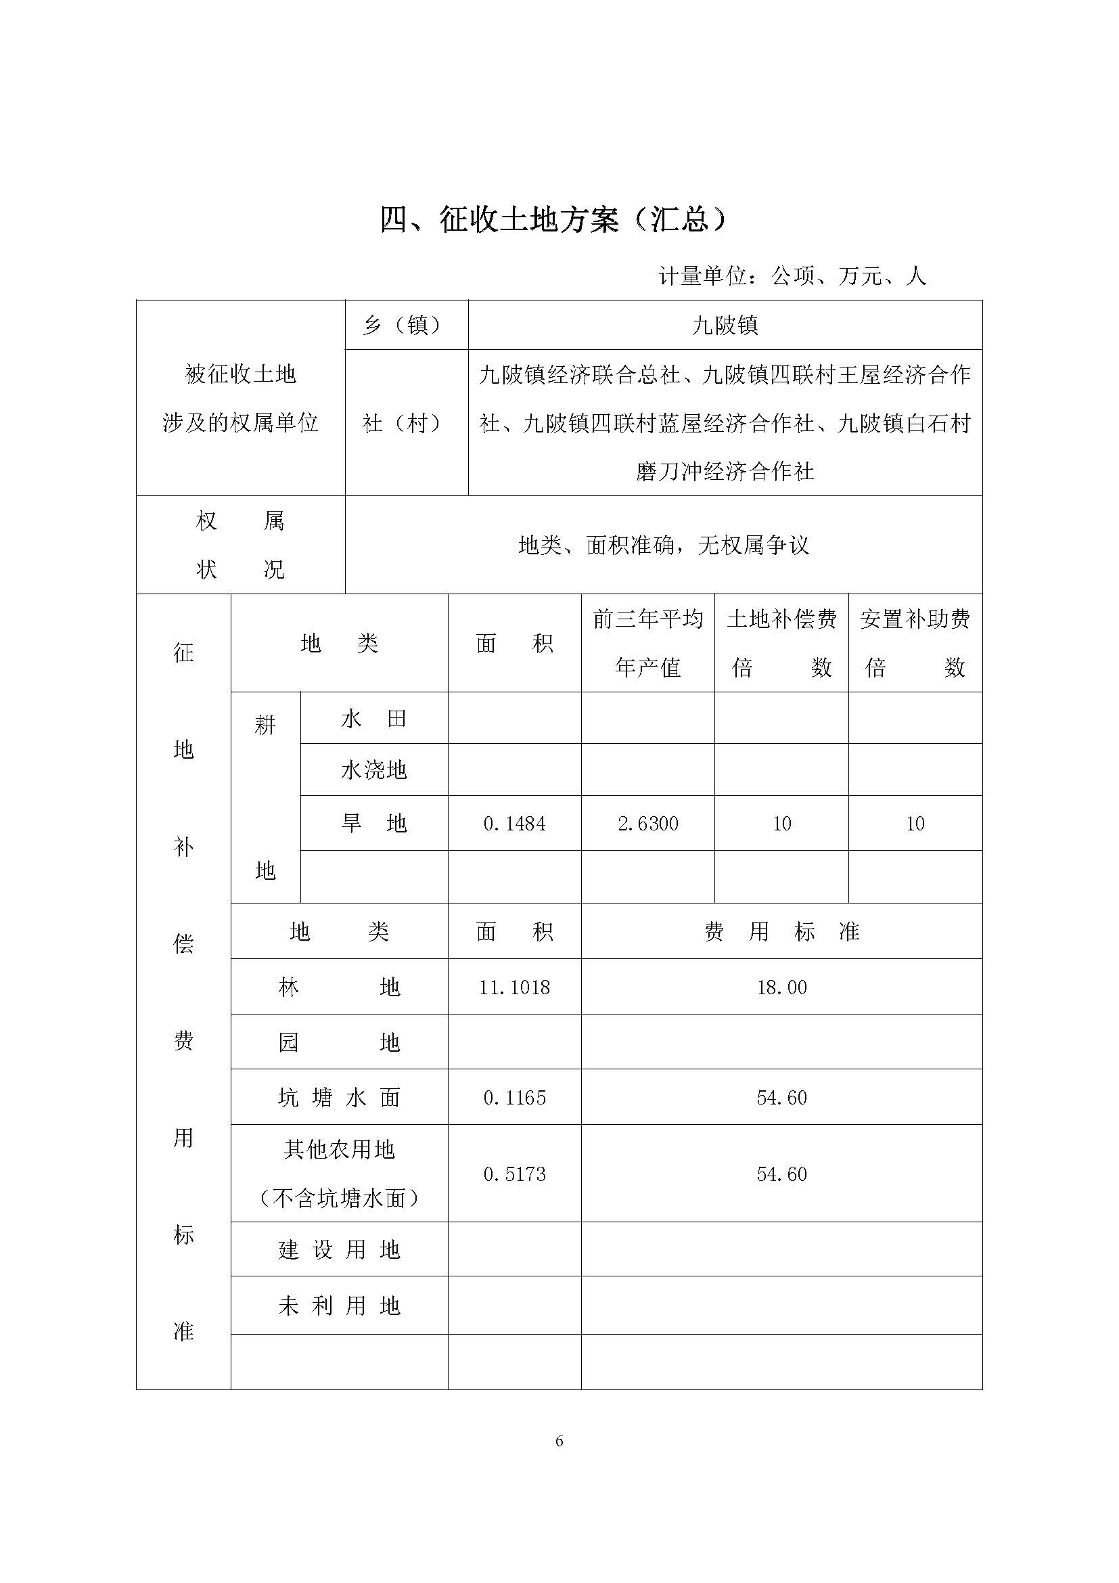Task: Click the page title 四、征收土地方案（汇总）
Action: click(x=554, y=220)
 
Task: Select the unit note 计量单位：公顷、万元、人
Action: click(x=792, y=277)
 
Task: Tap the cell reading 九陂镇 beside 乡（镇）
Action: click(x=725, y=326)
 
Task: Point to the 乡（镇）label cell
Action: click(x=406, y=326)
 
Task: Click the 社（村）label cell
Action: click(x=406, y=422)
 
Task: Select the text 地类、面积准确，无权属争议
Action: click(x=663, y=545)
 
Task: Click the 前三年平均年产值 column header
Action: click(x=647, y=643)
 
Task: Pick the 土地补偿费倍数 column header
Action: click(x=781, y=643)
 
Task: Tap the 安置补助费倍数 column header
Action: click(x=915, y=643)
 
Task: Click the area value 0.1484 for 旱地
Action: click(x=514, y=824)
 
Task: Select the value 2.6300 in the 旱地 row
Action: click(x=647, y=824)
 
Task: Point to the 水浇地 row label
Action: click(x=373, y=770)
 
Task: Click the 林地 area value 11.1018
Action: click(x=514, y=988)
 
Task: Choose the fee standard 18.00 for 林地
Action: click(x=781, y=988)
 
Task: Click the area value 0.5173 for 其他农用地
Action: click(x=514, y=1174)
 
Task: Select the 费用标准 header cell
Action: click(x=781, y=932)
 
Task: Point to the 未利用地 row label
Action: click(x=339, y=1306)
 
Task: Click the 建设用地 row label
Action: click(x=339, y=1250)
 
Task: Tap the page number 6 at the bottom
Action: click(x=559, y=1441)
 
